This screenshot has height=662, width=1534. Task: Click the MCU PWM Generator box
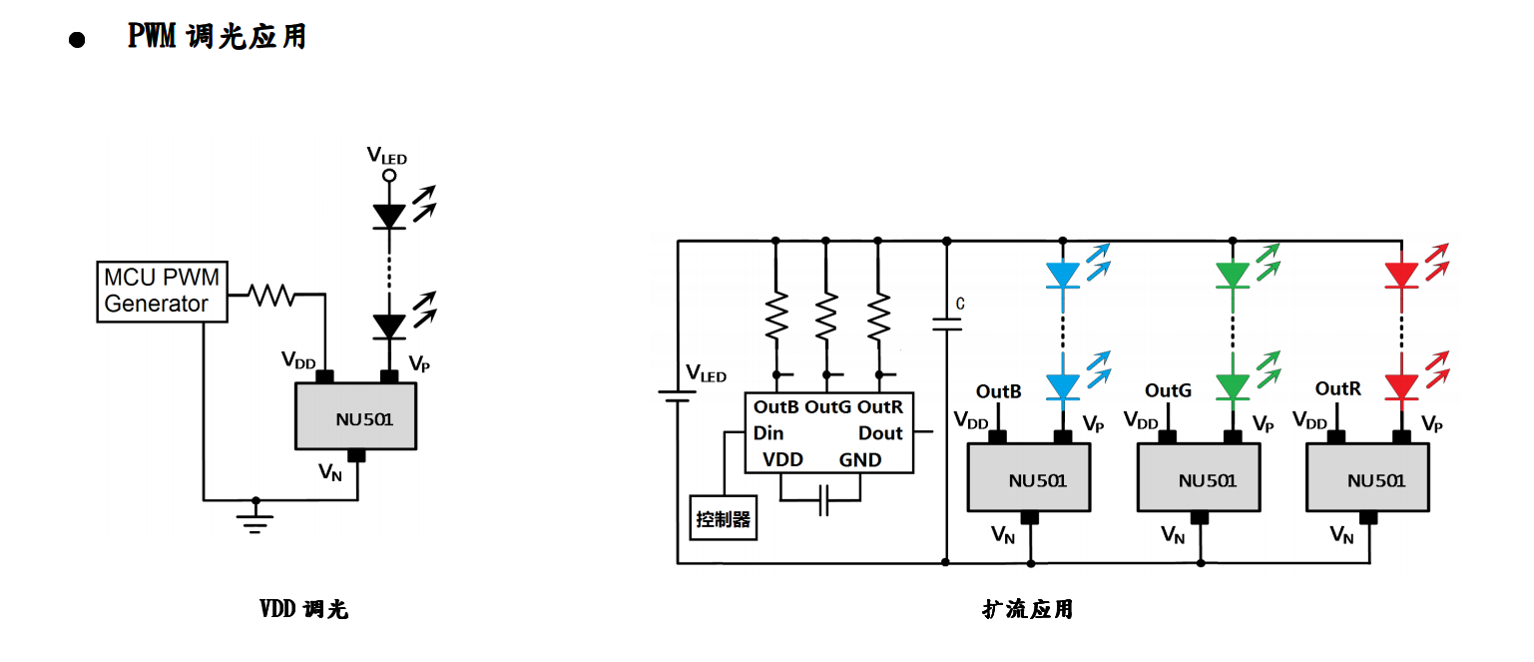click(162, 292)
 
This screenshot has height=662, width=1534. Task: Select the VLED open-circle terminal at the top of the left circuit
click(389, 176)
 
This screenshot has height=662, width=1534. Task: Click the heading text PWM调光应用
click(217, 36)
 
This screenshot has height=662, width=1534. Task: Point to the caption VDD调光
click(304, 609)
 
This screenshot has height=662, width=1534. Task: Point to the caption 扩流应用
click(1027, 609)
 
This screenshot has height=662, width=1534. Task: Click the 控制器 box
click(724, 519)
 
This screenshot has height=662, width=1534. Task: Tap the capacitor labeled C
click(946, 324)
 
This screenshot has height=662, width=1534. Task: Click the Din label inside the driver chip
click(768, 433)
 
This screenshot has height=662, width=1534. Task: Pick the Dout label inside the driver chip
click(880, 433)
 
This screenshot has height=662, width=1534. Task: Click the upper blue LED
click(1064, 274)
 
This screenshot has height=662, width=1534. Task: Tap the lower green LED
click(1233, 385)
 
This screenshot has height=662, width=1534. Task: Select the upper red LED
click(1402, 274)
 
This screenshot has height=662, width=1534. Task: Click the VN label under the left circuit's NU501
click(330, 471)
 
